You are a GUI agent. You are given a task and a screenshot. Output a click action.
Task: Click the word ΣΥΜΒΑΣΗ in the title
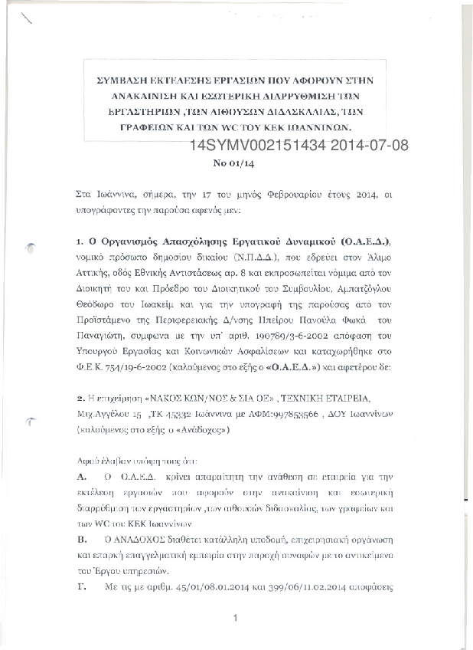(x=124, y=80)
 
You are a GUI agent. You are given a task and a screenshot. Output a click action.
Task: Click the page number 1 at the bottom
(x=236, y=618)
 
